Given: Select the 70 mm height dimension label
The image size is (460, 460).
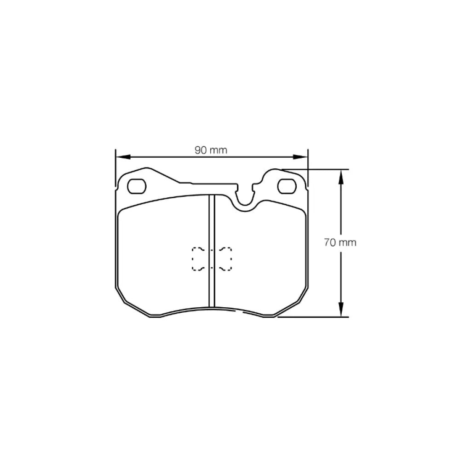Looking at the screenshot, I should [340, 243].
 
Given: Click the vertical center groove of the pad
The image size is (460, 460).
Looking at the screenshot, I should [212, 251].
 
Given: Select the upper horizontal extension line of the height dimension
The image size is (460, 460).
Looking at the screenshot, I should [317, 169].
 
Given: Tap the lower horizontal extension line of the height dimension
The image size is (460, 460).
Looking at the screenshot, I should [313, 317].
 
